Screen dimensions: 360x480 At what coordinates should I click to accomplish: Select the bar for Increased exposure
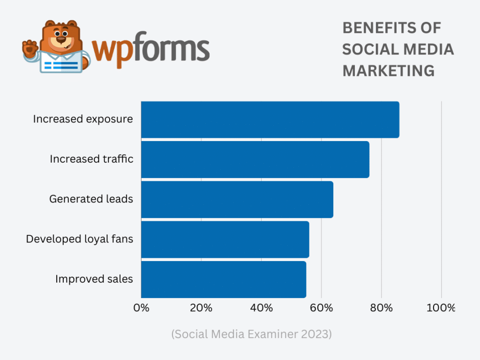pos(270,120)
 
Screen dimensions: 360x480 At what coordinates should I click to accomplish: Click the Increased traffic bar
pos(255,159)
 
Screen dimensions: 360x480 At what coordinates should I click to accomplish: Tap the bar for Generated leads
pos(237,199)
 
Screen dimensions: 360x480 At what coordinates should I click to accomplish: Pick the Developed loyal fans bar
pos(225,239)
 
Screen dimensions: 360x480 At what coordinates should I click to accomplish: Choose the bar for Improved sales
pos(224,279)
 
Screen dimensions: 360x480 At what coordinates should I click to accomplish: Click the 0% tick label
pos(141,308)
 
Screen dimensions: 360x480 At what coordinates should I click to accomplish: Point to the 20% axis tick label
pos(201,308)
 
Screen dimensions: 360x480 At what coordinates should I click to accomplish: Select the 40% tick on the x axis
pos(261,308)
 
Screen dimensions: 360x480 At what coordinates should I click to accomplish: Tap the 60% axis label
pos(321,308)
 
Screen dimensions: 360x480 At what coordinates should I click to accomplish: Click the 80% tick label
pos(381,308)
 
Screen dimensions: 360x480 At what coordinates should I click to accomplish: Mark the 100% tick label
pos(440,308)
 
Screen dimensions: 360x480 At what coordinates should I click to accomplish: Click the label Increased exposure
pos(83,119)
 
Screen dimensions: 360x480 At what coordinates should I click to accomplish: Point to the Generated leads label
pos(91,199)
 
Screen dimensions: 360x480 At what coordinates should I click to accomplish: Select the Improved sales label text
pos(94,279)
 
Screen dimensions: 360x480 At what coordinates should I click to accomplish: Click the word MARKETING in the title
pos(388,71)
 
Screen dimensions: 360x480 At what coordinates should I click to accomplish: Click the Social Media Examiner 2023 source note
pos(252,334)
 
